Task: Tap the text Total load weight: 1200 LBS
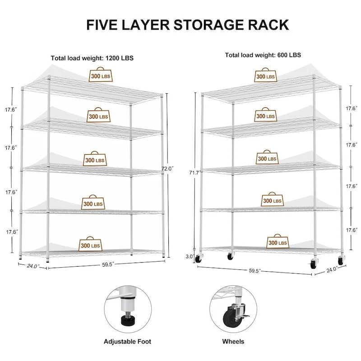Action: [x=92, y=58]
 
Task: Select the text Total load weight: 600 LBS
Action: [x=263, y=55]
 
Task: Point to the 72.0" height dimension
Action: [x=167, y=169]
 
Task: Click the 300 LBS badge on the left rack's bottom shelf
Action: [x=91, y=245]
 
